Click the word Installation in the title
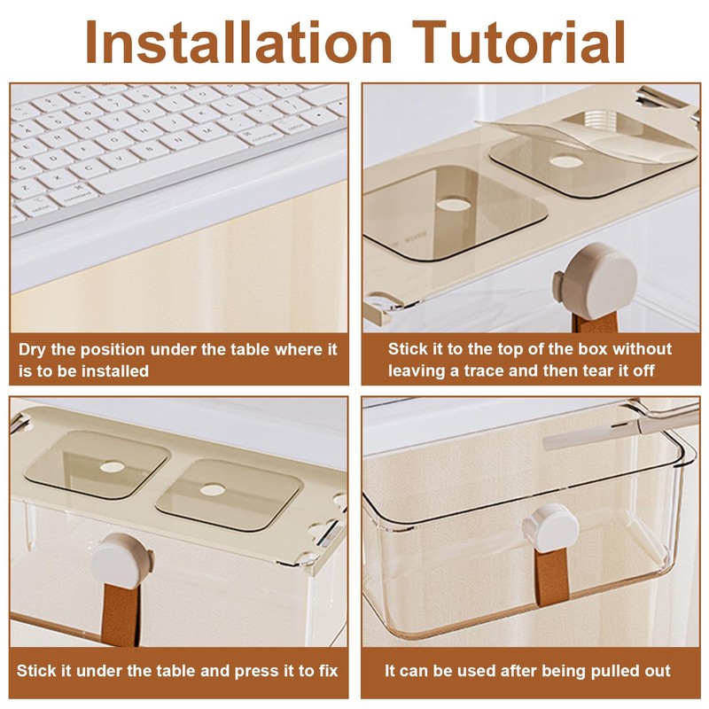[x=238, y=42]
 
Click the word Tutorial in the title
[x=518, y=42]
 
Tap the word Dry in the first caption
[x=32, y=350]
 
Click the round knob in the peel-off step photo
[x=596, y=279]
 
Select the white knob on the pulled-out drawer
[x=550, y=529]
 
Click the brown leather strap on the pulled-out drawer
[x=551, y=579]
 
